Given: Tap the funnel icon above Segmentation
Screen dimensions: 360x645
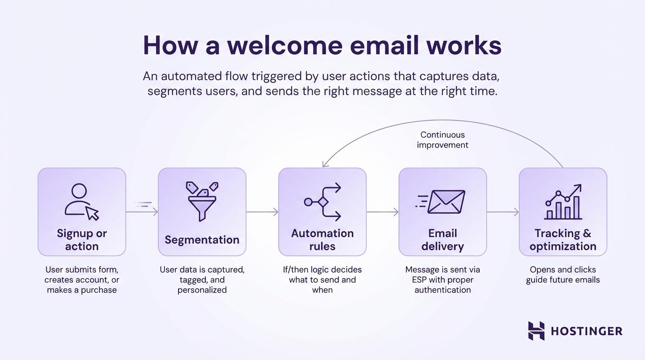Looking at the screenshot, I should tap(202, 202).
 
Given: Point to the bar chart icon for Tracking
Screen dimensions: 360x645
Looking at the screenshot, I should tap(563, 202).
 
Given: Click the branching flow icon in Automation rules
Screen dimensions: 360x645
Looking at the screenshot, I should tap(322, 202).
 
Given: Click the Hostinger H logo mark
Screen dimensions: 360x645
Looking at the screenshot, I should tap(536, 330).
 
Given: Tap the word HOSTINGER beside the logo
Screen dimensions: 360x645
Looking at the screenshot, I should tap(586, 331).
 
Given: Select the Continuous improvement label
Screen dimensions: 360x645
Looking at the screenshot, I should tap(442, 140).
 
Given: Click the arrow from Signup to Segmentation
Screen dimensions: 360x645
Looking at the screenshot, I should tap(142, 212).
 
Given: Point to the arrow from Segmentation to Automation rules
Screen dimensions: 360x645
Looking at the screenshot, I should tap(262, 212).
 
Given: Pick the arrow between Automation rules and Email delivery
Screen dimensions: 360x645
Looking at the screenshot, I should tap(382, 212).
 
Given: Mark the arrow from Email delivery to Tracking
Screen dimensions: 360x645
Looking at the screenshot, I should tap(502, 212).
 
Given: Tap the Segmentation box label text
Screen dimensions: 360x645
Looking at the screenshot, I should tap(202, 240).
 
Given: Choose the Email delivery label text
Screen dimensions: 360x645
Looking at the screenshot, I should tap(442, 240).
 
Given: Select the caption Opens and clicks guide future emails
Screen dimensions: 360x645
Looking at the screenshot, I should tap(563, 275).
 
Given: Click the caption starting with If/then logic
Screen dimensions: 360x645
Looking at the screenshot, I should tap(322, 279).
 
